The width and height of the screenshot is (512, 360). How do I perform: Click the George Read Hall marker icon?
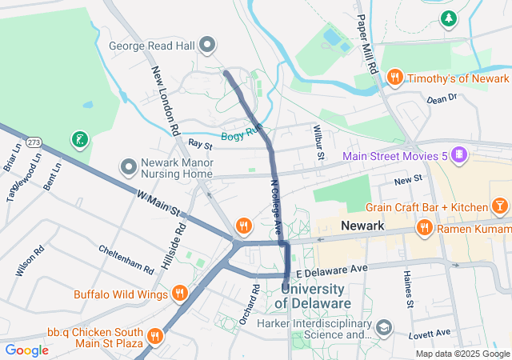click(x=207, y=46)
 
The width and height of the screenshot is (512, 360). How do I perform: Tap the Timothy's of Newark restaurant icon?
click(x=394, y=78)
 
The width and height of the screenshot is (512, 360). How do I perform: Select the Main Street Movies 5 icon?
click(x=459, y=154)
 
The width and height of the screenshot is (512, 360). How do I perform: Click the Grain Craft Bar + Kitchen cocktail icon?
click(x=499, y=207)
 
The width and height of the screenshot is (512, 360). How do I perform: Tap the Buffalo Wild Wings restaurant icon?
click(x=180, y=294)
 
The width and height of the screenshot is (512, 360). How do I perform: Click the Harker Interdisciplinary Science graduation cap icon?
click(x=384, y=327)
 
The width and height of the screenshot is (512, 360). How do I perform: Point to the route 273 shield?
click(x=34, y=142)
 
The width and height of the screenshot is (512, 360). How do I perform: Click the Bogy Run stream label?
click(x=242, y=136)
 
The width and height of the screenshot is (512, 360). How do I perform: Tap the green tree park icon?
click(x=450, y=17)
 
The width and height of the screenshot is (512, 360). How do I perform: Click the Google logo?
click(x=27, y=350)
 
